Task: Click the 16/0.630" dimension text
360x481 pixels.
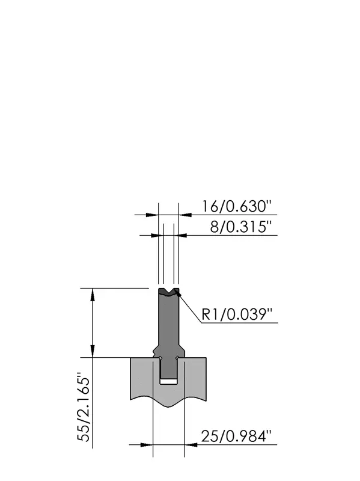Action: pos(236,206)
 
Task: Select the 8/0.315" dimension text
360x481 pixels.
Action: pos(241,227)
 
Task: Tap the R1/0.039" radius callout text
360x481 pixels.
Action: pos(237,314)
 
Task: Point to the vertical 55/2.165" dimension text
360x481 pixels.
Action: pos(84,407)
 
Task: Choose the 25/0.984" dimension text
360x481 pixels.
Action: pos(236,436)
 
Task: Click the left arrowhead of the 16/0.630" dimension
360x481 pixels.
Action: pos(152,215)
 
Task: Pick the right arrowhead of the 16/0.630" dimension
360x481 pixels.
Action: pos(185,215)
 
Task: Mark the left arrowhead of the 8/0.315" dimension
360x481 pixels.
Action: pos(157,235)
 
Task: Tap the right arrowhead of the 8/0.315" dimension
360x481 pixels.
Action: pos(180,235)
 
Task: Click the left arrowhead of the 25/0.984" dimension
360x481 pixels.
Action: pos(147,444)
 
